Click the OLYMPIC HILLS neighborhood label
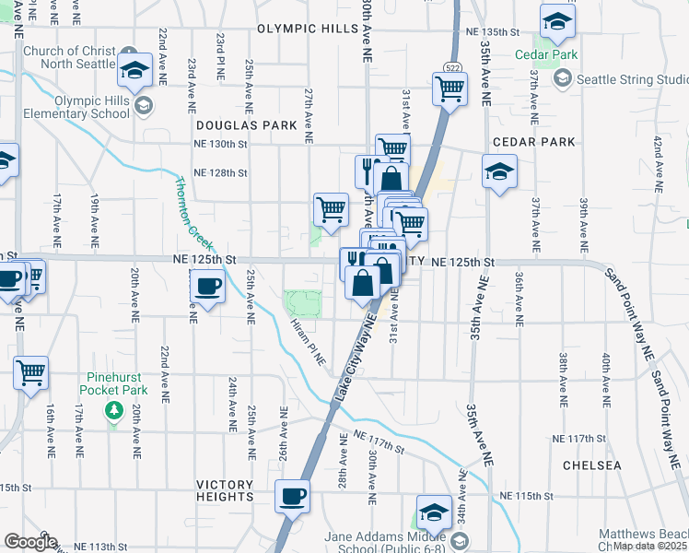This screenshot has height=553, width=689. pos(307,29)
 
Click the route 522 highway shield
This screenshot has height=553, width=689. pos(452,67)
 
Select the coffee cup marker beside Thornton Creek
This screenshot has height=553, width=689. pos(208,287)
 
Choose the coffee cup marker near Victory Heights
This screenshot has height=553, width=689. pos(293,496)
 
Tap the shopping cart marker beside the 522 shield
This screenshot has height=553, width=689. pos(449,89)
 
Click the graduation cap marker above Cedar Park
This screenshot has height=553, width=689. pos(557,20)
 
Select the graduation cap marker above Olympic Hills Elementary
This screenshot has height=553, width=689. pos(135,70)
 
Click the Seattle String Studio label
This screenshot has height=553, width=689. pos(632,80)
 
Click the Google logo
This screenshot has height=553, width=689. pos(30,542)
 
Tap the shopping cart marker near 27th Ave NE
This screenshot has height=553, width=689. pos(331,207)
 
